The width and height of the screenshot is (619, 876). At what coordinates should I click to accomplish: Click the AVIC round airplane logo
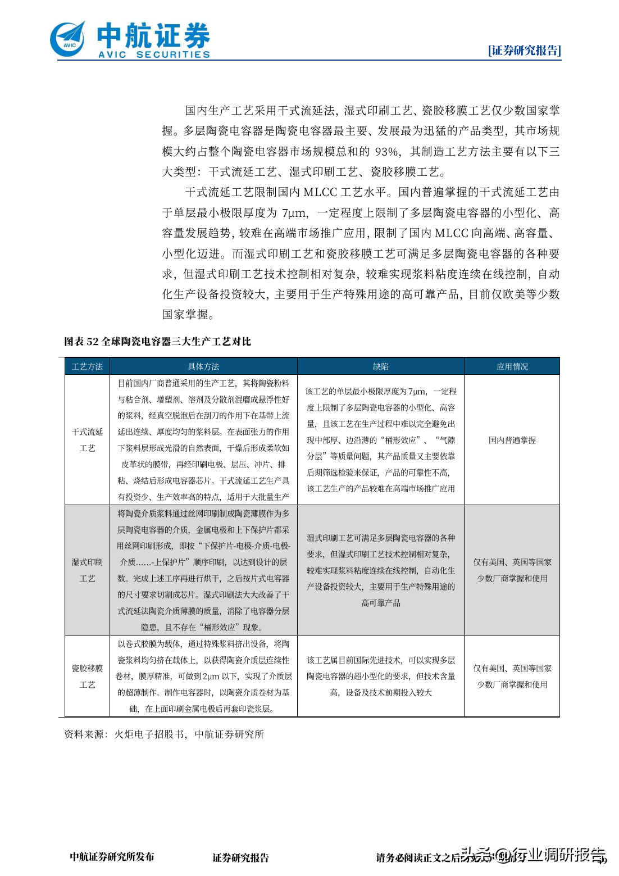tap(68, 39)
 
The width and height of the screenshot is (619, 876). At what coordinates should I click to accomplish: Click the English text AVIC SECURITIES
tap(154, 55)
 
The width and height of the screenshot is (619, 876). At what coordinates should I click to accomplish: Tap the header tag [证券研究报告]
tap(524, 51)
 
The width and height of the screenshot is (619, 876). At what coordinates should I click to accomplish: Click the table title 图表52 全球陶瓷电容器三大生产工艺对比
tap(157, 342)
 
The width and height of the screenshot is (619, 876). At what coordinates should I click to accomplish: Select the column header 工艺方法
tap(87, 366)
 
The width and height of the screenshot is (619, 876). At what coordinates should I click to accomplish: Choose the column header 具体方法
tap(203, 366)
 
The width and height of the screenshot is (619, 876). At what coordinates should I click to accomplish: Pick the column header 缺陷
tap(380, 366)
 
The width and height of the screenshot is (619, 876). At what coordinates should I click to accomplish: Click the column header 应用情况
tap(512, 366)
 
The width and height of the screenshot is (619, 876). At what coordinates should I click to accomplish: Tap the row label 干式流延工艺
tap(87, 440)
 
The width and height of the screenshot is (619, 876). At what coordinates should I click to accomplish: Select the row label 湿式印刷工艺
tap(87, 570)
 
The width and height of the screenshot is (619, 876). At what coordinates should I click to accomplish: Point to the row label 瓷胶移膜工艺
tap(87, 676)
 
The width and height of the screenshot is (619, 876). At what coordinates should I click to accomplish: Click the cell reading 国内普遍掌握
tap(512, 440)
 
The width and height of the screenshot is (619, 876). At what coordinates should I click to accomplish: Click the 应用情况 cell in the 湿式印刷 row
tap(512, 570)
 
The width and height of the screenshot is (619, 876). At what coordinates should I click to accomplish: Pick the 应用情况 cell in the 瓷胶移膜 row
tap(512, 676)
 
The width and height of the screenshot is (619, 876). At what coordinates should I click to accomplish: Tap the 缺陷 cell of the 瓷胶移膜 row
tap(380, 676)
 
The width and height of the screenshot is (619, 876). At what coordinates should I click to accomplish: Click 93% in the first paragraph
tap(387, 152)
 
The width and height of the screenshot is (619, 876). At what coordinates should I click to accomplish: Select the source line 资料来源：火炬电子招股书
tap(164, 734)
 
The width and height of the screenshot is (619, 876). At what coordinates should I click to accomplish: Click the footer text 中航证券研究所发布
tap(112, 856)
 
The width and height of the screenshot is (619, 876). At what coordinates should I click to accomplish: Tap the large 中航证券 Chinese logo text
tap(153, 35)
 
